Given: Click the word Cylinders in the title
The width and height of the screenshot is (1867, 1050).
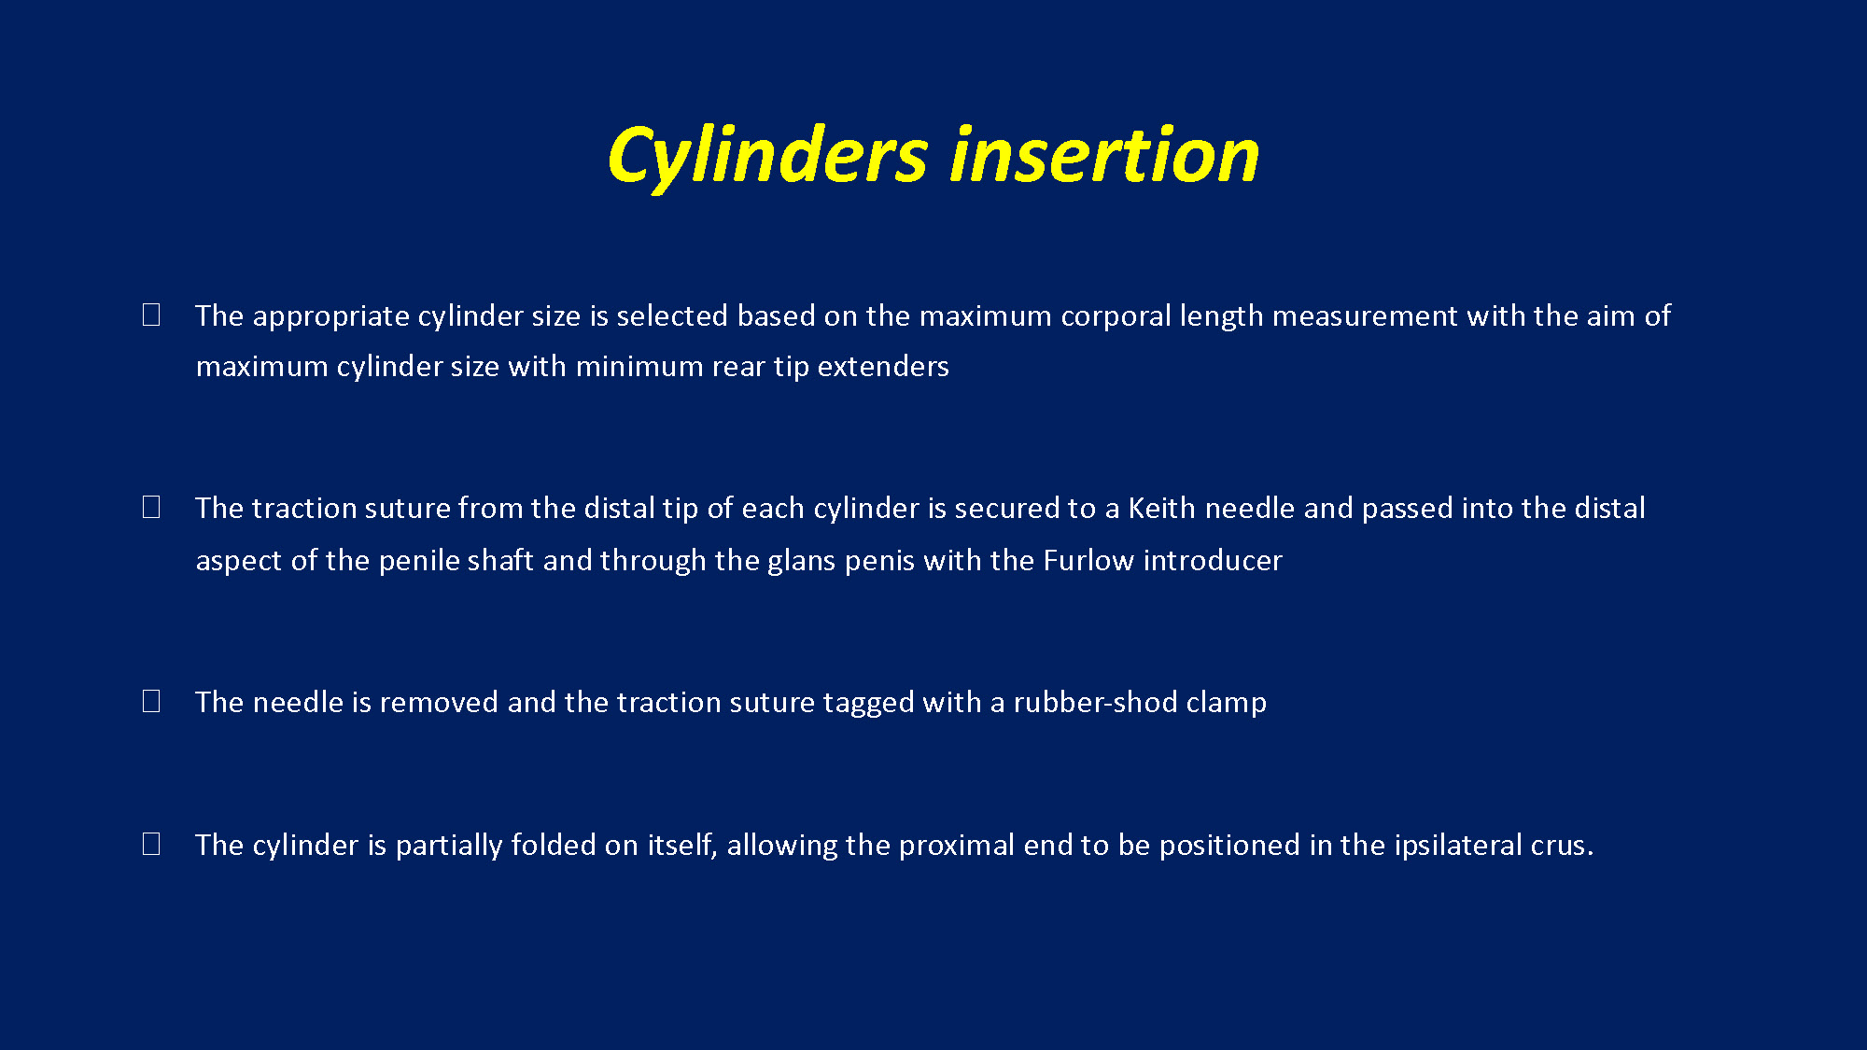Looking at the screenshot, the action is (x=767, y=157).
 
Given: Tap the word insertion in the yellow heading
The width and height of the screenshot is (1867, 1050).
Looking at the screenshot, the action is (x=1104, y=154).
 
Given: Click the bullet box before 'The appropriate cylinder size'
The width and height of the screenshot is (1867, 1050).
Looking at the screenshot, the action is (x=151, y=315).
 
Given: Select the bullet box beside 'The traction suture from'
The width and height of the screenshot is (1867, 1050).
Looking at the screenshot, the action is (x=151, y=507).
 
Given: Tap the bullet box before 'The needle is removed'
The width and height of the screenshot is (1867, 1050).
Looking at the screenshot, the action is (x=151, y=701).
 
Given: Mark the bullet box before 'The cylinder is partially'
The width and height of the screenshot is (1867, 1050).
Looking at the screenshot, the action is (x=151, y=844).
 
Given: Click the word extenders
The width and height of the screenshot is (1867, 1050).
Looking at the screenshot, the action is (x=883, y=367).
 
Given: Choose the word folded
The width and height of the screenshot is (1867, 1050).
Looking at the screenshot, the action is (x=554, y=845).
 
